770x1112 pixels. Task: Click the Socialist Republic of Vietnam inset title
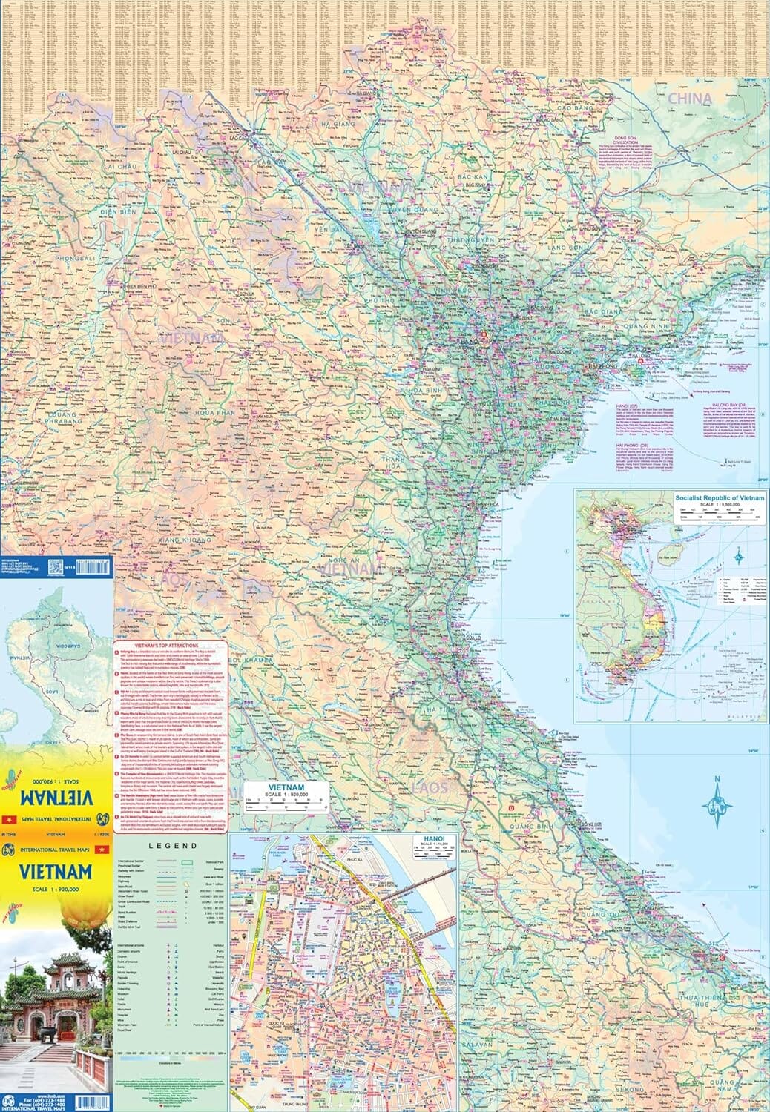[718, 497]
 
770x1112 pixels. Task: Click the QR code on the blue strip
[75, 567]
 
